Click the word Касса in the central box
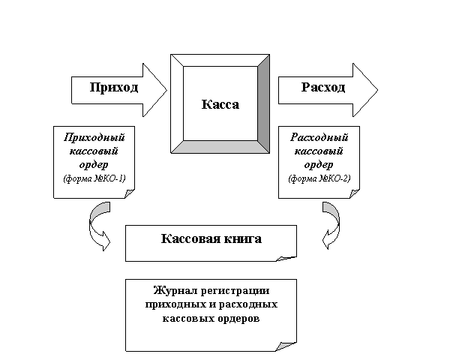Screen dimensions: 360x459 pyautogui.click(x=220, y=104)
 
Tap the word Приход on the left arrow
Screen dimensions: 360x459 pyautogui.click(x=114, y=88)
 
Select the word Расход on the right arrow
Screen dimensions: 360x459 pyautogui.click(x=323, y=88)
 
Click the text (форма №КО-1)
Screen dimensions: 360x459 pyautogui.click(x=94, y=178)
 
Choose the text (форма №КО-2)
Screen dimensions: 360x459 pyautogui.click(x=319, y=178)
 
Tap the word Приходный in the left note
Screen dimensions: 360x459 pyautogui.click(x=94, y=138)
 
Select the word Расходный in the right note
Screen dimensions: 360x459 pyautogui.click(x=319, y=138)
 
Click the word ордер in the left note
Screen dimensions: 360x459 pyautogui.click(x=94, y=164)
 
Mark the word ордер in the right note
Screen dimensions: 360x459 pyautogui.click(x=319, y=164)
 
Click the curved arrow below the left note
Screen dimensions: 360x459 pyautogui.click(x=97, y=228)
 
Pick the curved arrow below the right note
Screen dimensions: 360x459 pyautogui.click(x=331, y=228)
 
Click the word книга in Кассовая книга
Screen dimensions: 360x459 pyautogui.click(x=242, y=239)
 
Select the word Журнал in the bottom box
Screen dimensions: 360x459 pyautogui.click(x=172, y=291)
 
